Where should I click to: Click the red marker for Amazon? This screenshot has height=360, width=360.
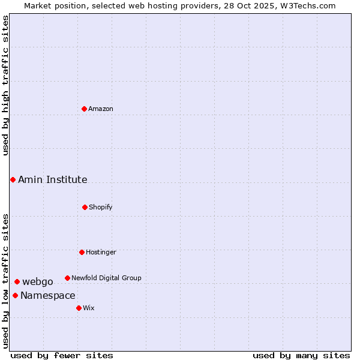(x=84, y=109)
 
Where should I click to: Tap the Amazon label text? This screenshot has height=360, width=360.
(x=101, y=109)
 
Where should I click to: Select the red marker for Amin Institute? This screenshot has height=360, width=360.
(x=13, y=179)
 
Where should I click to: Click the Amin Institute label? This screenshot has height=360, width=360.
(x=52, y=179)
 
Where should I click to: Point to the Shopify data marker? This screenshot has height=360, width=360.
(x=85, y=207)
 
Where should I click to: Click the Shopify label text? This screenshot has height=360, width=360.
(x=101, y=207)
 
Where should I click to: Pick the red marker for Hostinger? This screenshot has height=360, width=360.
(x=82, y=252)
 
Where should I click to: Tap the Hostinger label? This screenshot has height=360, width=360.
(x=101, y=252)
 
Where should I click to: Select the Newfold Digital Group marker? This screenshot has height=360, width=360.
(x=67, y=278)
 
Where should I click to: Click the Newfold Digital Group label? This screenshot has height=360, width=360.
(x=106, y=278)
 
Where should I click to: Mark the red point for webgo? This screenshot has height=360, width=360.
(x=17, y=281)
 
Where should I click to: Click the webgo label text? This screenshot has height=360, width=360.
(x=38, y=281)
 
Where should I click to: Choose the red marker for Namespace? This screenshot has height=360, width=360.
(x=15, y=295)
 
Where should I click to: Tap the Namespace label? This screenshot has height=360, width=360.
(x=48, y=295)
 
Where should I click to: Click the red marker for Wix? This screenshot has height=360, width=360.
(x=79, y=308)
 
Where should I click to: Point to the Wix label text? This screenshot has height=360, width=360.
(x=89, y=308)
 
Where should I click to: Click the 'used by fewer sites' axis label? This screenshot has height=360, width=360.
(x=62, y=355)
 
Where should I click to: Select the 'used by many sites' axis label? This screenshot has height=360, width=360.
(x=301, y=355)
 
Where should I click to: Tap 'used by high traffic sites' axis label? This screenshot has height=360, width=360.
(x=5, y=85)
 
